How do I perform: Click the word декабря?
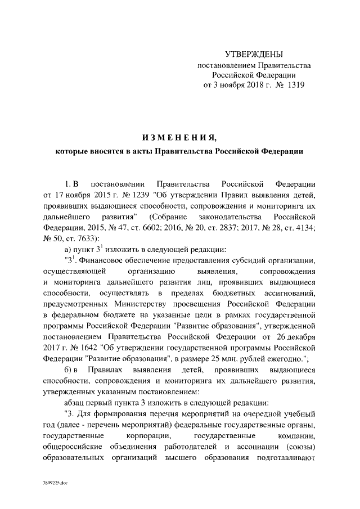pos(302,337)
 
